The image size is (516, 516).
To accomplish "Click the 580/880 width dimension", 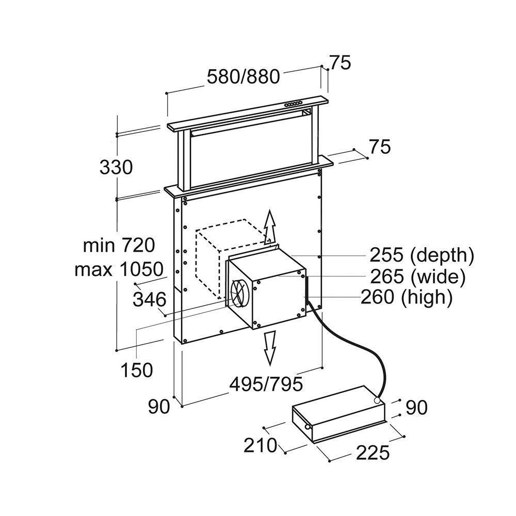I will click(x=243, y=77).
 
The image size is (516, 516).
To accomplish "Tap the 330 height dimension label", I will click(x=116, y=167).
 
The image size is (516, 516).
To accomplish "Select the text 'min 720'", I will click(x=119, y=246).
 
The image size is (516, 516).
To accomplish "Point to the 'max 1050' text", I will click(x=119, y=269).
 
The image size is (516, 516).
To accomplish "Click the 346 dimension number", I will click(x=149, y=299).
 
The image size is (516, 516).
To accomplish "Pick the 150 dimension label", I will click(x=137, y=369).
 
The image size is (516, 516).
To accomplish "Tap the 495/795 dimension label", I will click(x=266, y=383).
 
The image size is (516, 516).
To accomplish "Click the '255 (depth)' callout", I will click(x=421, y=255).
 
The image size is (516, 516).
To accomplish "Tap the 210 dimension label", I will click(x=261, y=444).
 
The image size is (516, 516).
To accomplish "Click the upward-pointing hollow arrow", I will click(x=269, y=225).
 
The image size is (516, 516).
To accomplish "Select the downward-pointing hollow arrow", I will click(x=269, y=348).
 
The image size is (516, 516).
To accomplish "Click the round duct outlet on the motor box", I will click(x=238, y=293).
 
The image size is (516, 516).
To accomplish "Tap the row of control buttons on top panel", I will click(x=294, y=104).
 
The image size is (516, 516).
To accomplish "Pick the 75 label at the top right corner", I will click(x=340, y=62).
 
